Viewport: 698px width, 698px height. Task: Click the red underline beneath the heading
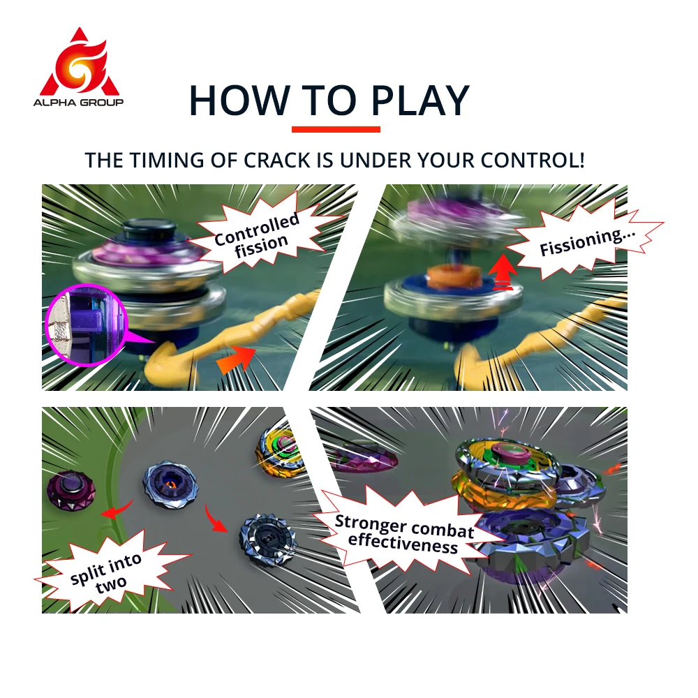(x=336, y=129)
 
